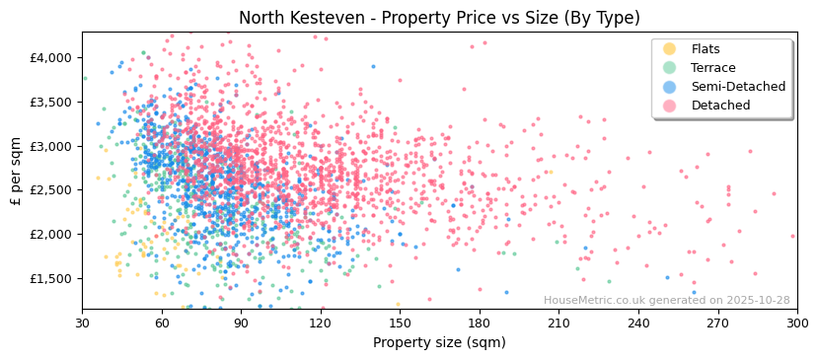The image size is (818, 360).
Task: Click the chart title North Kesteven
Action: click(x=439, y=18)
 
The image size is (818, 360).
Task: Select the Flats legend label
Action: click(x=706, y=49)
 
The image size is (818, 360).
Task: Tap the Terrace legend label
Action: click(x=713, y=68)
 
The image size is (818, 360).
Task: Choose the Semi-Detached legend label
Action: click(x=738, y=87)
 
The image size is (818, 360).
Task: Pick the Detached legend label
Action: click(x=720, y=106)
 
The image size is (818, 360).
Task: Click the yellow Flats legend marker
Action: click(x=670, y=49)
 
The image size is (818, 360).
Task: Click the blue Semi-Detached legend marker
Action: click(x=670, y=87)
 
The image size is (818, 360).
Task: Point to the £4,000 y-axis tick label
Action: click(x=51, y=58)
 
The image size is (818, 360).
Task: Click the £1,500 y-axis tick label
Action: click(x=51, y=279)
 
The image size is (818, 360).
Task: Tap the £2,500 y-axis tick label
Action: click(x=51, y=190)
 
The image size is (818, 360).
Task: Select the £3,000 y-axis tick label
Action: click(x=51, y=146)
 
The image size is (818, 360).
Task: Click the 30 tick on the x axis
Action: click(x=82, y=323)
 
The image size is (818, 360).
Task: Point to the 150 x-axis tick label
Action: click(x=400, y=323)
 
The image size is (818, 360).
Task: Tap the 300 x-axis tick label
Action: click(x=796, y=323)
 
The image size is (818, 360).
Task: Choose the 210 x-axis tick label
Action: click(x=558, y=323)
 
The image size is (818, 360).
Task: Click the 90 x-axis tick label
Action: click(x=241, y=323)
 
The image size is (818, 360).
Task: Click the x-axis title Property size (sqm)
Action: click(x=439, y=343)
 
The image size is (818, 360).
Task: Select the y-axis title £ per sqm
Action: click(x=16, y=171)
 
